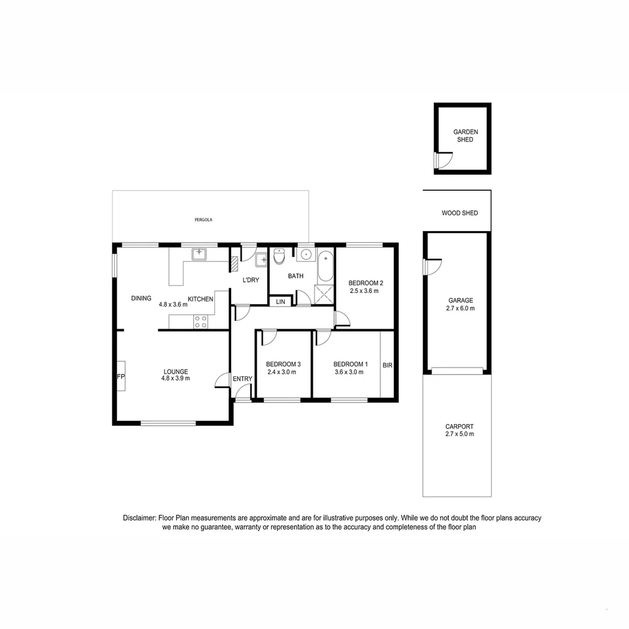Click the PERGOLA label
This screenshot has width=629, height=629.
pos(203,220)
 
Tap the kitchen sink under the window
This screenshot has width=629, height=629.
pos(200,253)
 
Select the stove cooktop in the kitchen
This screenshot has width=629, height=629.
pos(201,321)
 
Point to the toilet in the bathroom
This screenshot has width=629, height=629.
pos(279,256)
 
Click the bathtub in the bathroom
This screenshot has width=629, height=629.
pos(326,267)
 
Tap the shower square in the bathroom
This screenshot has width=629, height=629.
pos(324,294)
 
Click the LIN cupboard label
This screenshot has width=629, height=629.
pos(281,302)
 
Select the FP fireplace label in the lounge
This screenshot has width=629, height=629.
pos(121,377)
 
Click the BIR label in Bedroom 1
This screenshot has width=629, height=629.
pos(387,366)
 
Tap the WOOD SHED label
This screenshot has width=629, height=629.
pos(460,213)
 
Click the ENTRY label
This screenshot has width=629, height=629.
pos(242,379)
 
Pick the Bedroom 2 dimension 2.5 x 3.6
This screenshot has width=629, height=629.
pos(364,291)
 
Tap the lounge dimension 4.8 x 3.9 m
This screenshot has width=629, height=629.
pos(175,378)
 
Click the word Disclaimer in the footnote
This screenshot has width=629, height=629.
pos(139,518)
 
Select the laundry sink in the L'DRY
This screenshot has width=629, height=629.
pos(261,260)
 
